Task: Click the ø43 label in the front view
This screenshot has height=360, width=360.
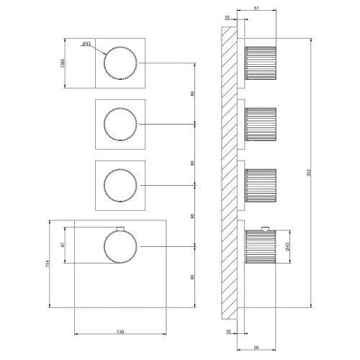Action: pos(86,45)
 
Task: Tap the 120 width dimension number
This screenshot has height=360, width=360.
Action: pos(120,331)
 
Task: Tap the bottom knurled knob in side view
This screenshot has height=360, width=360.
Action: pos(261,249)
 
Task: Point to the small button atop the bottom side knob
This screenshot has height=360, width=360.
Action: pos(266,228)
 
